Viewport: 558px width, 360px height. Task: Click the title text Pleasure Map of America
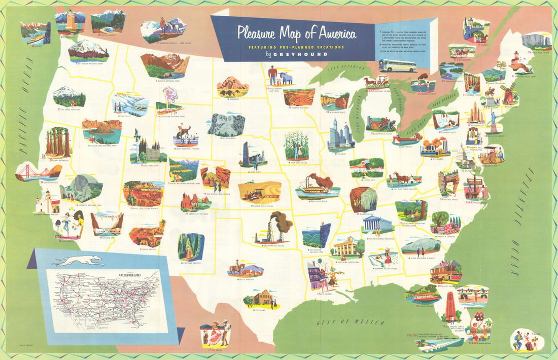(x=297, y=33)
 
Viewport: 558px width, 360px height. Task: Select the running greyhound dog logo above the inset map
(x=78, y=261)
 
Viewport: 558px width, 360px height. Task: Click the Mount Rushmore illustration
(x=226, y=124)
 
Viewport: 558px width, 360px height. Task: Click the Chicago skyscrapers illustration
(x=340, y=134)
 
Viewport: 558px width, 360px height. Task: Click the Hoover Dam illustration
(x=107, y=223)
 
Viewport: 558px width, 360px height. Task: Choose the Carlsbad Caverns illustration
(x=191, y=247)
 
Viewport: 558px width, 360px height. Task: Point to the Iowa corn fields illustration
(x=297, y=144)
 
